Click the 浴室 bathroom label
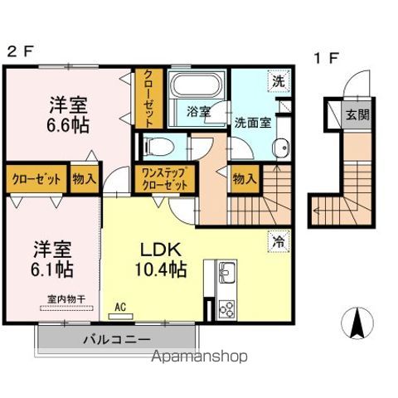pos(197,110)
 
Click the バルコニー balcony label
pos(115,339)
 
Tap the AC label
pos(120,308)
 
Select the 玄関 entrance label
pos(358,114)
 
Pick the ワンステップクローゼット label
pos(163,177)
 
